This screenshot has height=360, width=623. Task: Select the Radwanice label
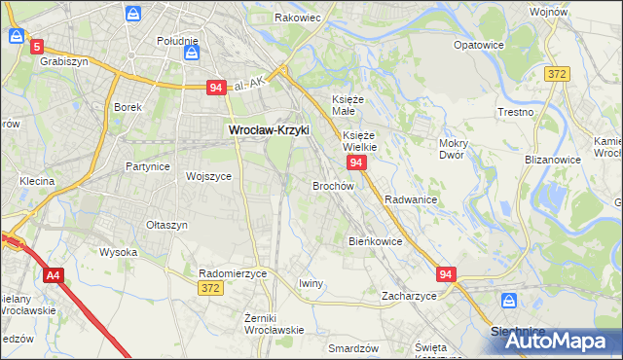click(410, 198)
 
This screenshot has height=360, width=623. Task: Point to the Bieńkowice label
click(375, 240)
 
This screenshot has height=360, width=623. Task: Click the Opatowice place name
click(478, 45)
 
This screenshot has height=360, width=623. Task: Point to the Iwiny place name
click(311, 283)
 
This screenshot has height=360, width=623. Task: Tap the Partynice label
click(148, 166)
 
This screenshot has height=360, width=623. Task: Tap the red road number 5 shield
click(37, 46)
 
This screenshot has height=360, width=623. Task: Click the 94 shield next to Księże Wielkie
click(356, 162)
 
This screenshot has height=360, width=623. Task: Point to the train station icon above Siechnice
click(508, 303)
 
